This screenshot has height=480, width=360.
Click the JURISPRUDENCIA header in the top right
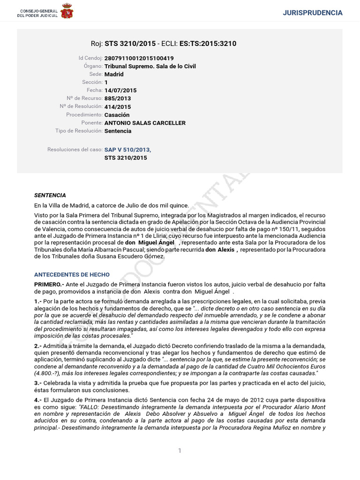(x=313, y=13)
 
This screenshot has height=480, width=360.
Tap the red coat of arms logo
(x=67, y=12)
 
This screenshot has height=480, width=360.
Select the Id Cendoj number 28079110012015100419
(x=139, y=58)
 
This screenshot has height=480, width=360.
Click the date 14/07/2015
(x=120, y=90)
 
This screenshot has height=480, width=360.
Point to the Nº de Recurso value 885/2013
(x=118, y=98)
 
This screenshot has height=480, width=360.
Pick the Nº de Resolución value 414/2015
(x=118, y=107)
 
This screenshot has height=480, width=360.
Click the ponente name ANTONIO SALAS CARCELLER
(x=145, y=123)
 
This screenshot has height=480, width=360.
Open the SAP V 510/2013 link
(x=127, y=150)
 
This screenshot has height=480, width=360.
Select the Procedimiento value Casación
(x=117, y=115)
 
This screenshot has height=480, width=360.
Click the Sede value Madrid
(x=114, y=74)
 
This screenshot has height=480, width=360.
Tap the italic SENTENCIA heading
(x=50, y=195)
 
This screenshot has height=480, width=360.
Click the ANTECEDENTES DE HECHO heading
(x=72, y=275)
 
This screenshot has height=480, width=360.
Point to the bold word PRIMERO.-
(x=49, y=285)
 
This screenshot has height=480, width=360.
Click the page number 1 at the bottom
(x=180, y=450)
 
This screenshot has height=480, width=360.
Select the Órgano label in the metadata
(x=93, y=66)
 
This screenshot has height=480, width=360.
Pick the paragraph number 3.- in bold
(x=38, y=383)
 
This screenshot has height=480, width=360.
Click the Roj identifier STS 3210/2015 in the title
(x=130, y=44)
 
